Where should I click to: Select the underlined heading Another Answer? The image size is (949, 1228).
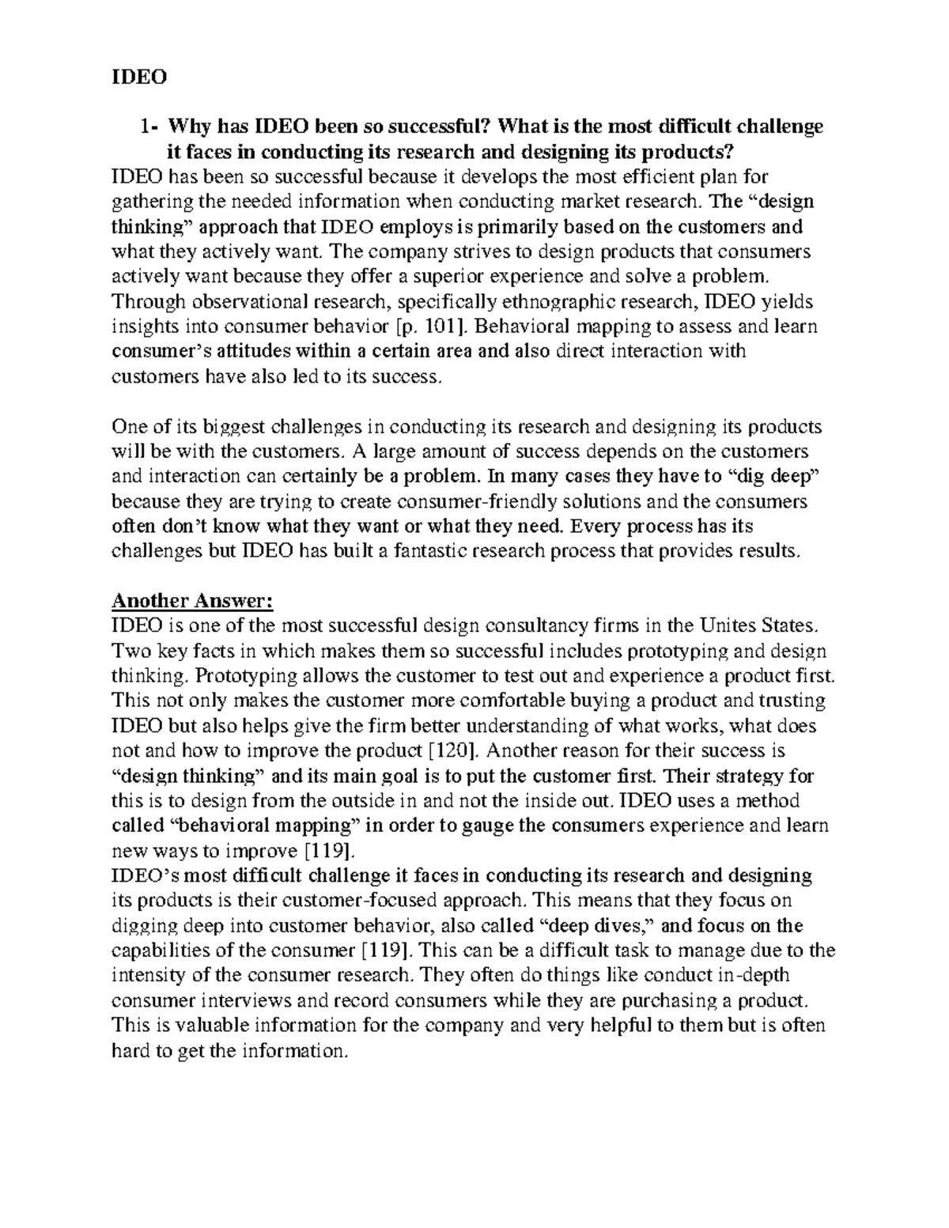[x=192, y=602]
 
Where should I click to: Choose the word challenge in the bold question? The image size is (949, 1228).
[x=779, y=127]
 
